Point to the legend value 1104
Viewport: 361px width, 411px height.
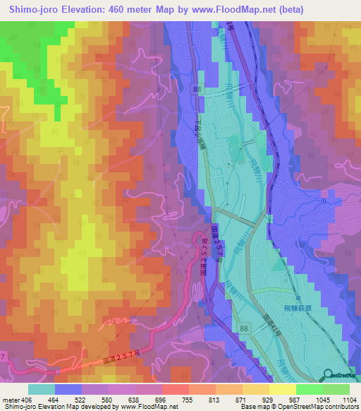click(x=349, y=400)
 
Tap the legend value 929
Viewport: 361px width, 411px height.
click(x=269, y=400)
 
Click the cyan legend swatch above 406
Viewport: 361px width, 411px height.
click(x=42, y=389)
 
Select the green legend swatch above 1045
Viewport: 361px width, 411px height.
click(x=309, y=389)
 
